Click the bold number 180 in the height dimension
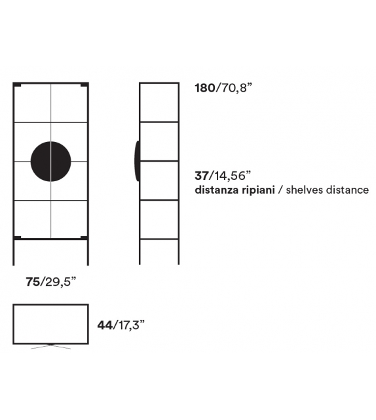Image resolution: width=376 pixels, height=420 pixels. tap(205, 88)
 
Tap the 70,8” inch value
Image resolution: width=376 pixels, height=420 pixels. tap(236, 88)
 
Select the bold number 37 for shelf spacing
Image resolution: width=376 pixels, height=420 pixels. tap(201, 176)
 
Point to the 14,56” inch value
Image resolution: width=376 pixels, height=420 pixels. tap(229, 176)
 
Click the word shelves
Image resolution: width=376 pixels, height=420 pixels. tap(305, 190)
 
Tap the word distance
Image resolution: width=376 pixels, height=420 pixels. tap(348, 190)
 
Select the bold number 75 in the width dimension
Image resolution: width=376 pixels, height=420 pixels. tap(33, 282)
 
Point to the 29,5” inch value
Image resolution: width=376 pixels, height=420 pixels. tap(60, 282)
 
